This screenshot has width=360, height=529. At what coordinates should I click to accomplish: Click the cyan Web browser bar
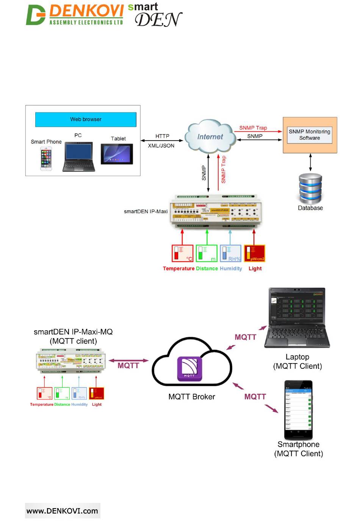click(x=86, y=119)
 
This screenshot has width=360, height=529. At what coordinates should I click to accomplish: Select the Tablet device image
click(x=117, y=154)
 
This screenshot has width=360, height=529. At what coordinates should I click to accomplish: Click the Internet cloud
click(x=210, y=137)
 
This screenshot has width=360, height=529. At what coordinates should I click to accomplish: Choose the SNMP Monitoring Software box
click(x=310, y=135)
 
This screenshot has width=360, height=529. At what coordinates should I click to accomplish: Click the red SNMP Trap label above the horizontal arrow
click(x=253, y=128)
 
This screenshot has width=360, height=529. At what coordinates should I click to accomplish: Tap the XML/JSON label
click(x=161, y=145)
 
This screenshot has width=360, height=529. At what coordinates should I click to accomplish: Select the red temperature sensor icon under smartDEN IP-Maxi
click(x=182, y=253)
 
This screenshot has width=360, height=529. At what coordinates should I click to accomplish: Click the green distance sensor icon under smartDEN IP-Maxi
click(x=207, y=253)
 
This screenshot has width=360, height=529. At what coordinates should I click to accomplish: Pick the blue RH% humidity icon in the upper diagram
click(x=230, y=253)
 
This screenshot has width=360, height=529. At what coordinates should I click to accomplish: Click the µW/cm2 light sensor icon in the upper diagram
click(x=255, y=253)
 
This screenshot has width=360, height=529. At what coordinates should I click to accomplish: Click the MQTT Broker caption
click(x=192, y=397)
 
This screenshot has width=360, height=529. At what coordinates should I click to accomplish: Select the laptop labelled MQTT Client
click(x=297, y=318)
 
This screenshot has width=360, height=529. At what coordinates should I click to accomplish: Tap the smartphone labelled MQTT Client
click(x=298, y=410)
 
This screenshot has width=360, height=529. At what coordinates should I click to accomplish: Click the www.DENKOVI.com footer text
click(x=63, y=511)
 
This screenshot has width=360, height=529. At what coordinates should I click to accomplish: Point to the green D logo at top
click(x=36, y=15)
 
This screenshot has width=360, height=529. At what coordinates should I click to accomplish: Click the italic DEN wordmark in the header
click(x=158, y=20)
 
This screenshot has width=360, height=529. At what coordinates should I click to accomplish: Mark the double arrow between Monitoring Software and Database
click(x=310, y=162)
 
